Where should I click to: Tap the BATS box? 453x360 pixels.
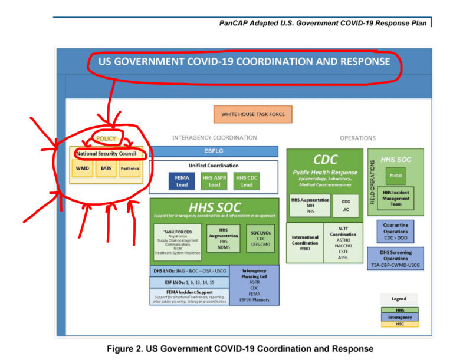coord(106,169)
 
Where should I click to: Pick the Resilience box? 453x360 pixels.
coord(130,169)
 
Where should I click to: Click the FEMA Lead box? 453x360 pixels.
coord(182,181)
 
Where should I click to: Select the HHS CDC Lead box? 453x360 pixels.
coord(247,181)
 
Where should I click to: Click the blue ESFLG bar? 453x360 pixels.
coord(215,151)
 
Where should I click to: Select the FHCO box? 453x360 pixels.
coord(395,176)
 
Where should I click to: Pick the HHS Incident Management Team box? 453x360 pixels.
coord(395,199)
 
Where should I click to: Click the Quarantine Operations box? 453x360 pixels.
coord(396,231)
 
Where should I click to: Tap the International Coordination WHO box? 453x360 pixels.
coord(305,242)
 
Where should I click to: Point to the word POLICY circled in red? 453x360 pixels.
coord(107,139)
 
